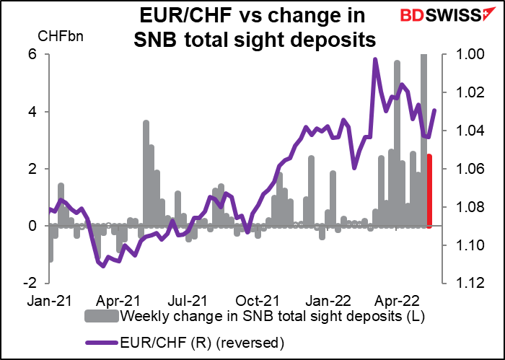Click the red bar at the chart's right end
coord(430,191)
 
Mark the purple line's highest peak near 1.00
coord(375,60)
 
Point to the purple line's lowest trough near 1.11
coord(103,265)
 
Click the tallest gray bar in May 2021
coord(146,173)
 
